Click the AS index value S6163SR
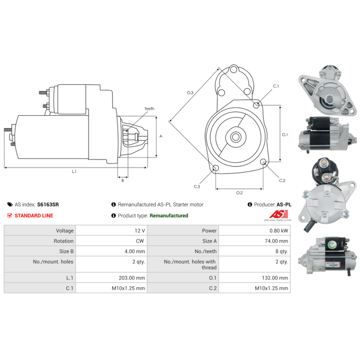pos(48,204)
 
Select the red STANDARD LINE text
pos(34,216)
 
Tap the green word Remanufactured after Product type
pos(169,216)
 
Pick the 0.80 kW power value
pos(279,230)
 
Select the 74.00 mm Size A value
pos(277,241)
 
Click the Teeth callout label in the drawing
pos(149,109)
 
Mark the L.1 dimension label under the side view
pos(74,171)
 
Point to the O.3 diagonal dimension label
pos(190,93)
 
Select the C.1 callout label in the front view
pos(276,86)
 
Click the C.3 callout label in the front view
pos(197,186)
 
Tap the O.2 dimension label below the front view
pos(239,193)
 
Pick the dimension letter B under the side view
pos(122,180)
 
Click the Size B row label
pos(64,252)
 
